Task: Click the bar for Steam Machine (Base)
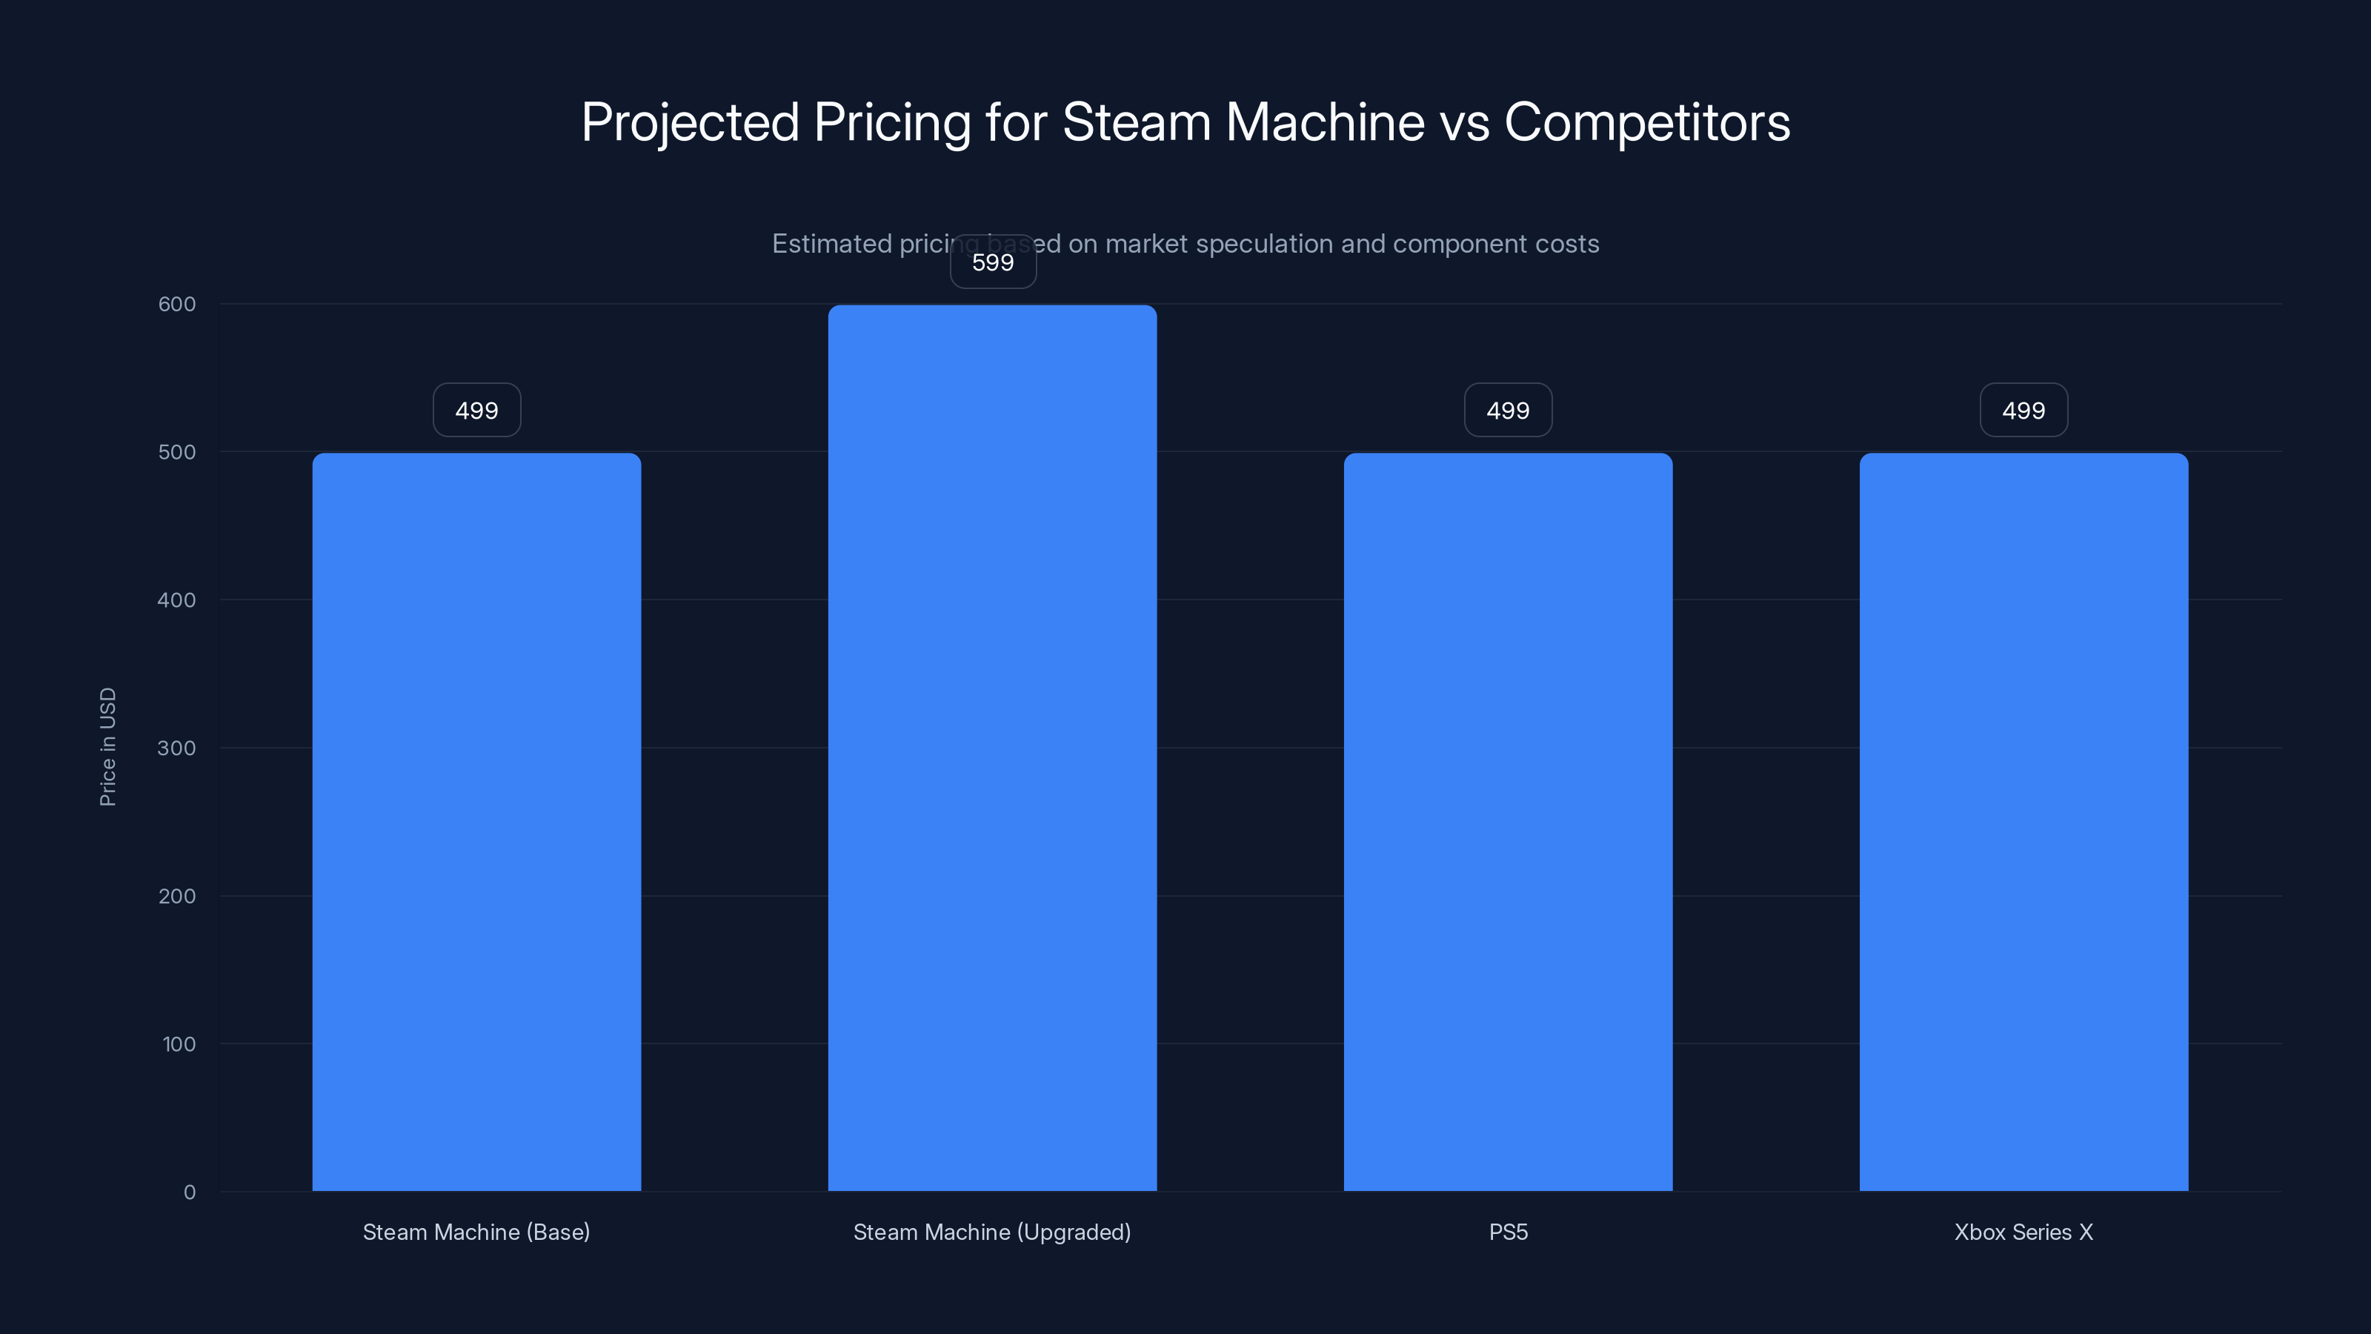pyautogui.click(x=476, y=821)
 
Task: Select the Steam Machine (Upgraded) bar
pyautogui.click(x=992, y=748)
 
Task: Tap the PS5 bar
pyautogui.click(x=1508, y=821)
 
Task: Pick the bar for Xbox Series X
pyautogui.click(x=2023, y=821)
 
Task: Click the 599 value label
pyautogui.click(x=993, y=262)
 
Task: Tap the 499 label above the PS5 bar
pyautogui.click(x=1508, y=411)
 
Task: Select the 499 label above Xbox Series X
pyautogui.click(x=2023, y=411)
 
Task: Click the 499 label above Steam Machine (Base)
pyautogui.click(x=476, y=411)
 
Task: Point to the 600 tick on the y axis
pyautogui.click(x=177, y=304)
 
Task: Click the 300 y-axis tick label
pyautogui.click(x=177, y=748)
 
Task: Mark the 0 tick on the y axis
pyautogui.click(x=190, y=1192)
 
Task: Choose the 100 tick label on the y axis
pyautogui.click(x=179, y=1044)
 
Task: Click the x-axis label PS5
pyautogui.click(x=1508, y=1232)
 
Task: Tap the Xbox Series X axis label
pyautogui.click(x=2023, y=1232)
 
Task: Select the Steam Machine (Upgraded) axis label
pyautogui.click(x=992, y=1232)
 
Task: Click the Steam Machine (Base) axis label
pyautogui.click(x=476, y=1232)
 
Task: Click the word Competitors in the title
pyautogui.click(x=1646, y=122)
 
